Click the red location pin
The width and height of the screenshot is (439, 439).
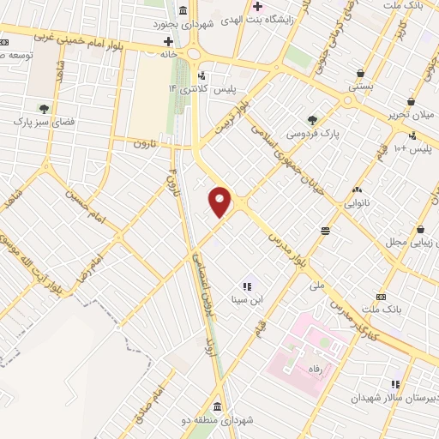point(220,201)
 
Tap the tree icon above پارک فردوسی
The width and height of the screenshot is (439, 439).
point(312,121)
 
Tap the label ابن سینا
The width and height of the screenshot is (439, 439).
point(247,300)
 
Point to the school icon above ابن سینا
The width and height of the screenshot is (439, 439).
point(247,286)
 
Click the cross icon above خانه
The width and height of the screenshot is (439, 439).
point(168,40)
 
